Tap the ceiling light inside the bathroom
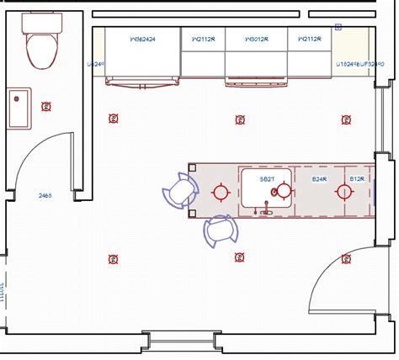click(x=47, y=106)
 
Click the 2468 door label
click(x=45, y=195)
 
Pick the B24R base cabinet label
click(x=319, y=179)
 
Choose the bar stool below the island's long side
click(x=220, y=230)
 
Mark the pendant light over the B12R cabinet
click(x=343, y=192)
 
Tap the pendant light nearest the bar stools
click(x=221, y=192)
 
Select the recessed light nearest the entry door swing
click(x=343, y=257)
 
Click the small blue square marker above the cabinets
click(x=338, y=27)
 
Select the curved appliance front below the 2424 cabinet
click(x=142, y=81)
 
